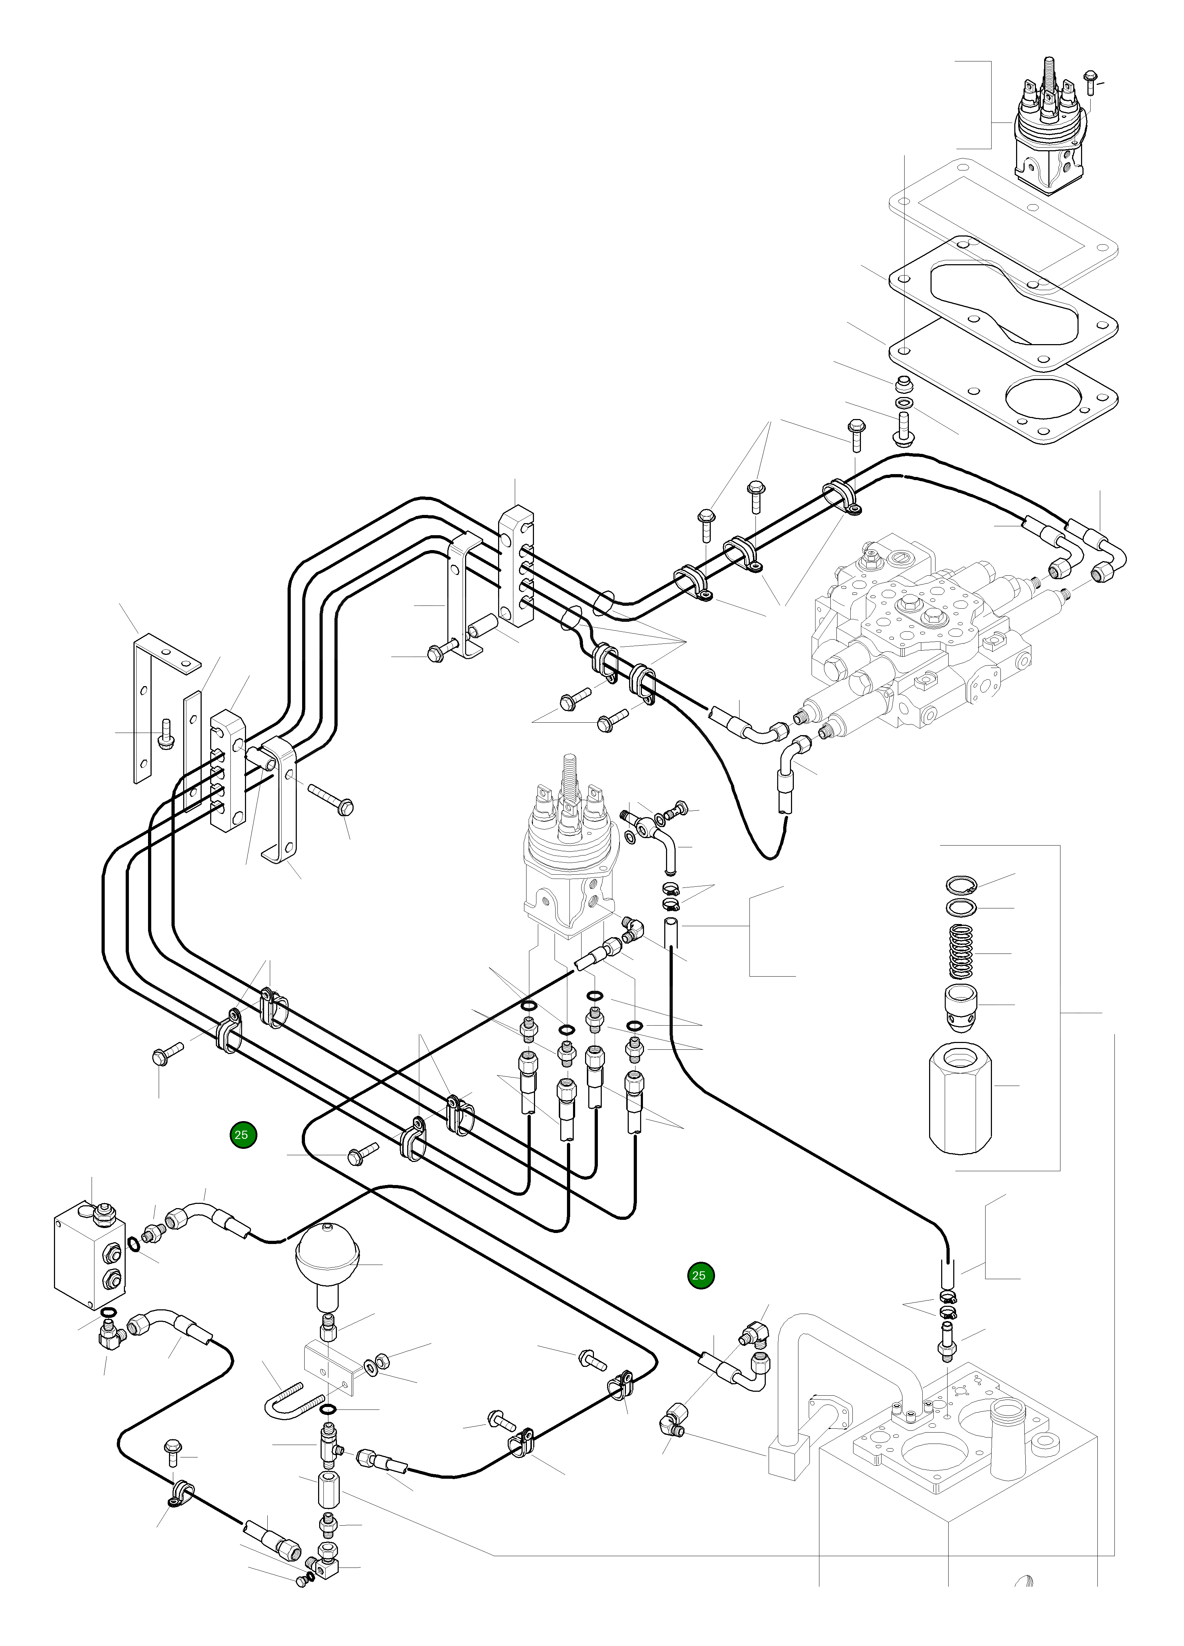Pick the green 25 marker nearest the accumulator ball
(243, 1134)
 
